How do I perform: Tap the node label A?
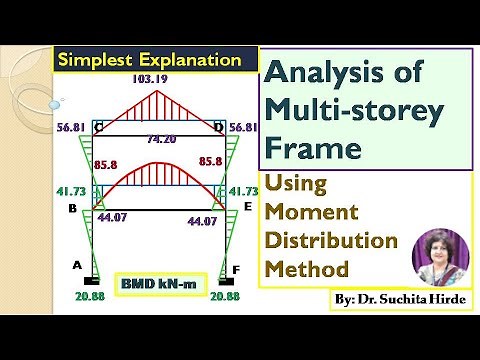(76, 265)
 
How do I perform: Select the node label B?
(72, 208)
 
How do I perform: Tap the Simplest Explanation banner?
(149, 59)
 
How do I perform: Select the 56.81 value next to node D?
(243, 128)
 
